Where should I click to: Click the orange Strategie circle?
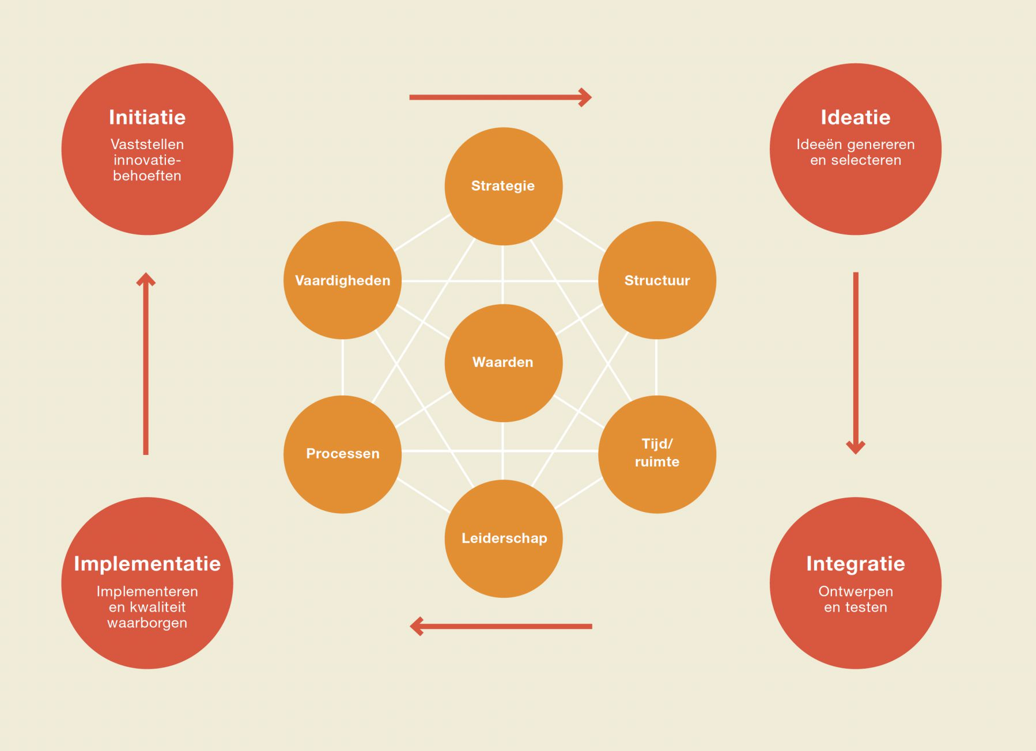tap(503, 186)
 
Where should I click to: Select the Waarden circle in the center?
tap(503, 362)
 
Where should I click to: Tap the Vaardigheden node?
tap(342, 280)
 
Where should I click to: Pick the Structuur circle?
tap(657, 280)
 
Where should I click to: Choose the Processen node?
tap(342, 454)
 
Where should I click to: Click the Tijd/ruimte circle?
tap(657, 453)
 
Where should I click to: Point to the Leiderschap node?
tap(504, 538)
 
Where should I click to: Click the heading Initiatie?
tap(148, 117)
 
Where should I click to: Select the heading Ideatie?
tap(855, 117)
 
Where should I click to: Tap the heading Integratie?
tap(855, 563)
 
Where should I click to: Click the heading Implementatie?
tap(148, 563)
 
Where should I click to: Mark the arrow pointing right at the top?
tap(500, 97)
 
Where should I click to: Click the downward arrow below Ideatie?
tap(856, 363)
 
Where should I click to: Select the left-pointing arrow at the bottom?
tap(500, 626)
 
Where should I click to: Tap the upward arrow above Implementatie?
tap(146, 363)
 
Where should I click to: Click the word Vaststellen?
tap(148, 145)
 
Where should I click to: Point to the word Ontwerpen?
tap(856, 591)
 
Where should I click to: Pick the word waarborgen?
tap(148, 623)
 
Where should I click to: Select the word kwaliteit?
tap(157, 607)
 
